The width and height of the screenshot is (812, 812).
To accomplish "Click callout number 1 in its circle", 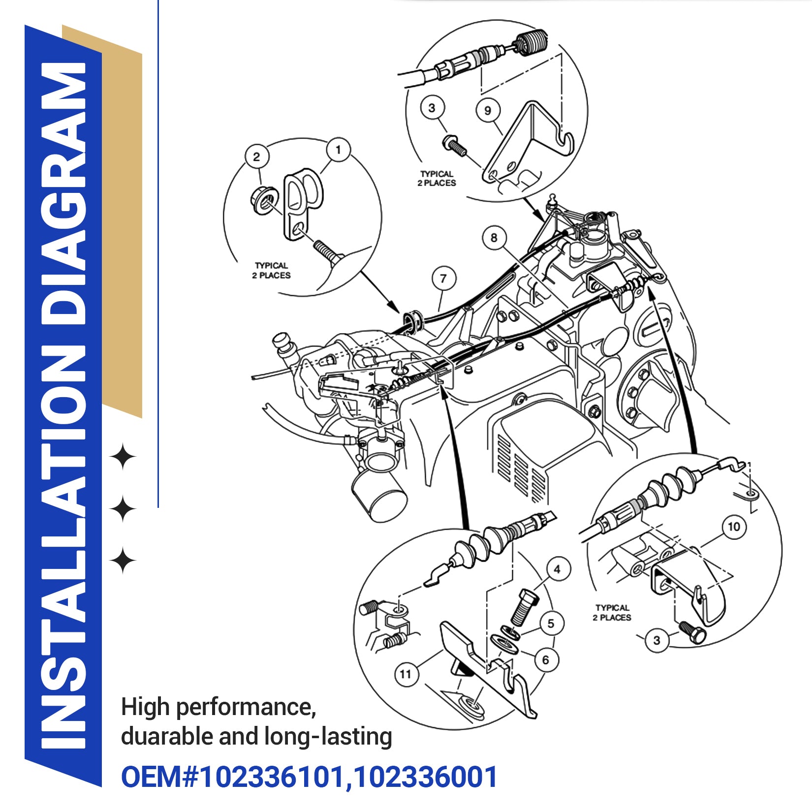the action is point(338,150).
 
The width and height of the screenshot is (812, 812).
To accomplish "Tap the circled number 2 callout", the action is point(256,157).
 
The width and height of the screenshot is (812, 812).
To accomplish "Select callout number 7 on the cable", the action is point(443,279).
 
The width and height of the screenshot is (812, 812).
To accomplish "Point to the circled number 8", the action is point(494,238).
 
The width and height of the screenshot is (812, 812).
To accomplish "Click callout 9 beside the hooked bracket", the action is point(488,110).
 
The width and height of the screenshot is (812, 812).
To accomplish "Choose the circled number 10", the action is point(734,527).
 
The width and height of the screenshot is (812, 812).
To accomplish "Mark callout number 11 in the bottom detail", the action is point(406,674).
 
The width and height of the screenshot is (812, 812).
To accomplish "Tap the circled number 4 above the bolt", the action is point(557,569).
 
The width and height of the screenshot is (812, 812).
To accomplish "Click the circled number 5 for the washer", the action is point(551,624).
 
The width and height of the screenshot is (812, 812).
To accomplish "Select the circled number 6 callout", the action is point(545,660).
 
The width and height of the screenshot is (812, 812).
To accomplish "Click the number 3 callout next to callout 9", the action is point(432,108).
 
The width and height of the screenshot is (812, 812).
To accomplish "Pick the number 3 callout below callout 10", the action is point(656,640).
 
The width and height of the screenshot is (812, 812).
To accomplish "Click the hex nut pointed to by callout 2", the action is point(263,200).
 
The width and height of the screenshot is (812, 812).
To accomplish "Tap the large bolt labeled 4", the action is point(524,607).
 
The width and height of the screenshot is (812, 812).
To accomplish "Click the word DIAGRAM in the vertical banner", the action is point(63,192).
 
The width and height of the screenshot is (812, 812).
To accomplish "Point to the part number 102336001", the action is point(425,777).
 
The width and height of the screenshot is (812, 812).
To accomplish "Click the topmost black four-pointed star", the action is point(123,457).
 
